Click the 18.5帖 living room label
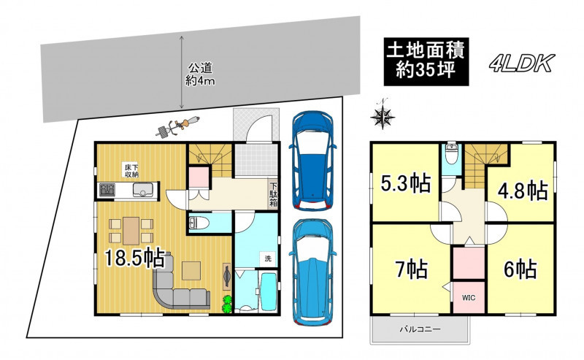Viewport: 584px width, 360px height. coord(134,258)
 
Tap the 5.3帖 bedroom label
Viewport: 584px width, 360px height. coord(406,183)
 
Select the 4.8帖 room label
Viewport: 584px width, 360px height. coord(523,191)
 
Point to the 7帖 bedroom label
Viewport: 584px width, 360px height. coord(412,269)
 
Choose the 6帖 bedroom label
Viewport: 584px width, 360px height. coord(520,269)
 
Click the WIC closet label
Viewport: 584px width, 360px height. coord(469,298)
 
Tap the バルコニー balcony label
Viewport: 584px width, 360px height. coord(420,329)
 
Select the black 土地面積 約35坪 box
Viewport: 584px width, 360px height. coord(426,61)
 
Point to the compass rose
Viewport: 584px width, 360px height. coord(383,116)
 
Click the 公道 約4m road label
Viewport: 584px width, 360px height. coord(200,74)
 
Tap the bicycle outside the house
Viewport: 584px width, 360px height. coord(177,126)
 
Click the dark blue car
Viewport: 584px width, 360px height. coord(312,161)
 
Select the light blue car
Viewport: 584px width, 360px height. coord(312,272)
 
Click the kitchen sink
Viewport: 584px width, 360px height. coord(143,190)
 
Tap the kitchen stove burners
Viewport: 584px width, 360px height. coord(107,191)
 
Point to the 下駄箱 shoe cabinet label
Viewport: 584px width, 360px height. coord(274,194)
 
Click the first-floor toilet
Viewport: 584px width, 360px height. coord(199,223)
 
